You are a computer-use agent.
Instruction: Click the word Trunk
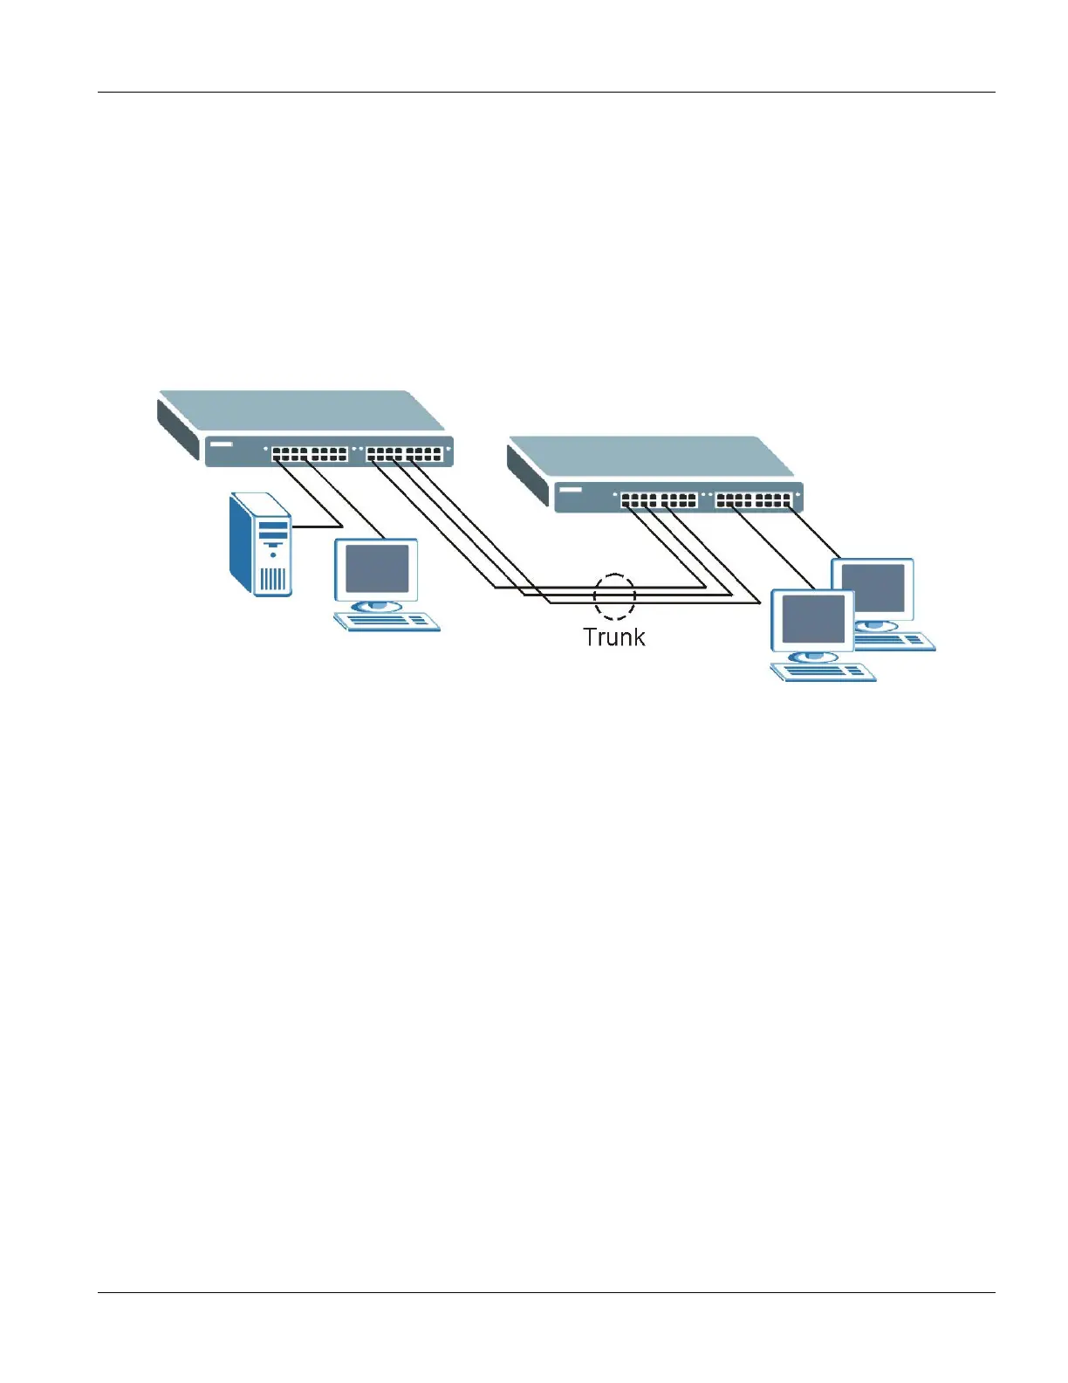pyautogui.click(x=613, y=637)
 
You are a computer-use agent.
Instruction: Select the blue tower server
pyautogui.click(x=259, y=545)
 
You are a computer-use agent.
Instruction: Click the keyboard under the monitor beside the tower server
pyautogui.click(x=387, y=621)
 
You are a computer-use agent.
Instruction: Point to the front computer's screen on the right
pyautogui.click(x=812, y=618)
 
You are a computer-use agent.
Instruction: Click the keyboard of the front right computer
pyautogui.click(x=823, y=671)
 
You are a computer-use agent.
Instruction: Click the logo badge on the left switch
pyautogui.click(x=222, y=444)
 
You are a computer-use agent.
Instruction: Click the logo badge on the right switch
pyautogui.click(x=571, y=490)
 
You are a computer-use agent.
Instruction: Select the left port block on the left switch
pyautogui.click(x=309, y=454)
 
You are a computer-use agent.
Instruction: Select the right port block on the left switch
pyautogui.click(x=404, y=454)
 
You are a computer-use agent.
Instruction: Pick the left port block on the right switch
pyautogui.click(x=659, y=500)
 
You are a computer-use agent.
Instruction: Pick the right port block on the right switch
pyautogui.click(x=754, y=500)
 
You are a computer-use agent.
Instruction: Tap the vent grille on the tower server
pyautogui.click(x=273, y=578)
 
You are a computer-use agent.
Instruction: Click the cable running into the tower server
pyautogui.click(x=316, y=526)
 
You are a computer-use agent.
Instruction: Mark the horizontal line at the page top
pyautogui.click(x=545, y=92)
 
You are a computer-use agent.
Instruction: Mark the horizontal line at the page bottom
pyautogui.click(x=545, y=1293)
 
